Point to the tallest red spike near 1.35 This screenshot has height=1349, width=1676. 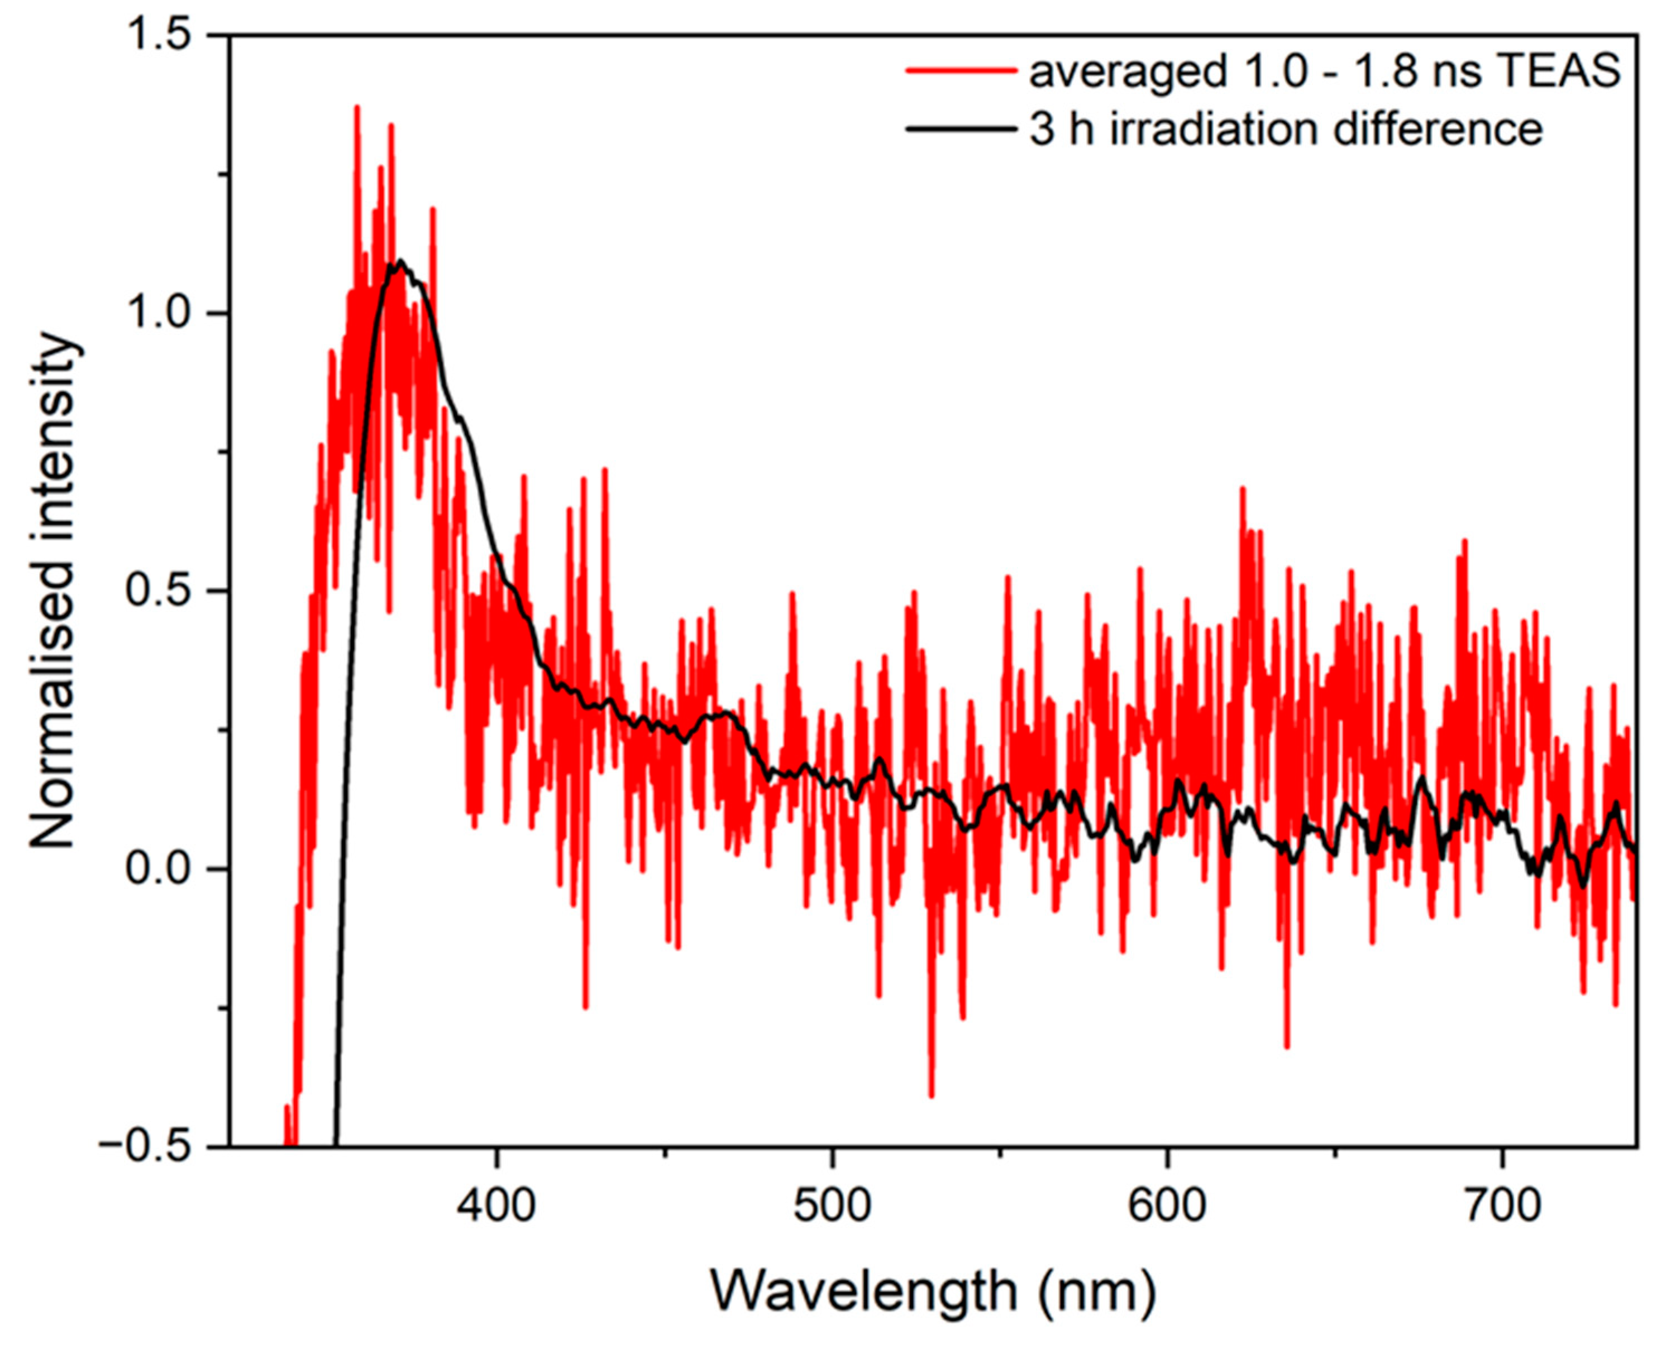coord(357,107)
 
